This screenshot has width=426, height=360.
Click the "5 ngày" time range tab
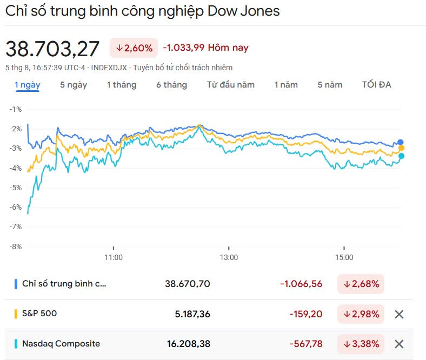[73, 85]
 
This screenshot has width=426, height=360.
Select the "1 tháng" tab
[121, 85]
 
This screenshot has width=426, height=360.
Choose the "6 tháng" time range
[171, 85]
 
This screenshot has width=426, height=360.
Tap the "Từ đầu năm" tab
[230, 85]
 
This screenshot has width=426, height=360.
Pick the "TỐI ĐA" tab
[376, 85]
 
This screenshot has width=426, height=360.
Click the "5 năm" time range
[330, 85]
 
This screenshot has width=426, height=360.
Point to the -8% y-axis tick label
[15, 246]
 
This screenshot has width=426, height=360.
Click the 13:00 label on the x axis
[229, 257]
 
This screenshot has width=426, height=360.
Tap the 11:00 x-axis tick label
[114, 257]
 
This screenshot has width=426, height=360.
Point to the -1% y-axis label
[15, 109]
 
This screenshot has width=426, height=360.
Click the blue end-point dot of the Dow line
[401, 142]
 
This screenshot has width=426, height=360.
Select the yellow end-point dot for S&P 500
[402, 149]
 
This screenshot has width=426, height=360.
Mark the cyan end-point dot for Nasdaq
[401, 156]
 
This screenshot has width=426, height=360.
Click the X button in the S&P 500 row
[399, 314]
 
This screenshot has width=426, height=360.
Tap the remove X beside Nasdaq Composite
[399, 344]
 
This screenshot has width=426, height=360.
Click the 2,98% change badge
[361, 314]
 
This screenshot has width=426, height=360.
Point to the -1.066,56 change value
[301, 284]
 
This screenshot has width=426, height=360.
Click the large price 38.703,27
[52, 49]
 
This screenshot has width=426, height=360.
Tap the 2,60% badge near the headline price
[134, 48]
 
